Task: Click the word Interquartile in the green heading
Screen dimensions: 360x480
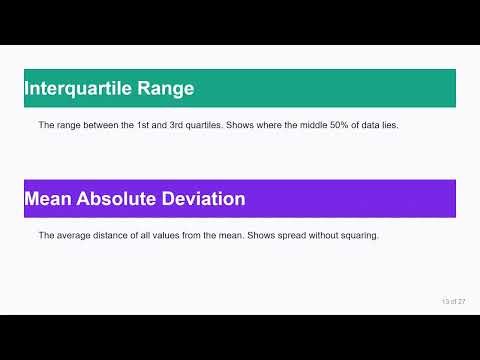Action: click(x=79, y=88)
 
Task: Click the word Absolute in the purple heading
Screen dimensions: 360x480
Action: click(x=117, y=198)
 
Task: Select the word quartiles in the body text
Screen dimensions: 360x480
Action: click(x=215, y=126)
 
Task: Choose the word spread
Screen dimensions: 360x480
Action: click(x=294, y=236)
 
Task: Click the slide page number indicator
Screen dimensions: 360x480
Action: click(x=454, y=301)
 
